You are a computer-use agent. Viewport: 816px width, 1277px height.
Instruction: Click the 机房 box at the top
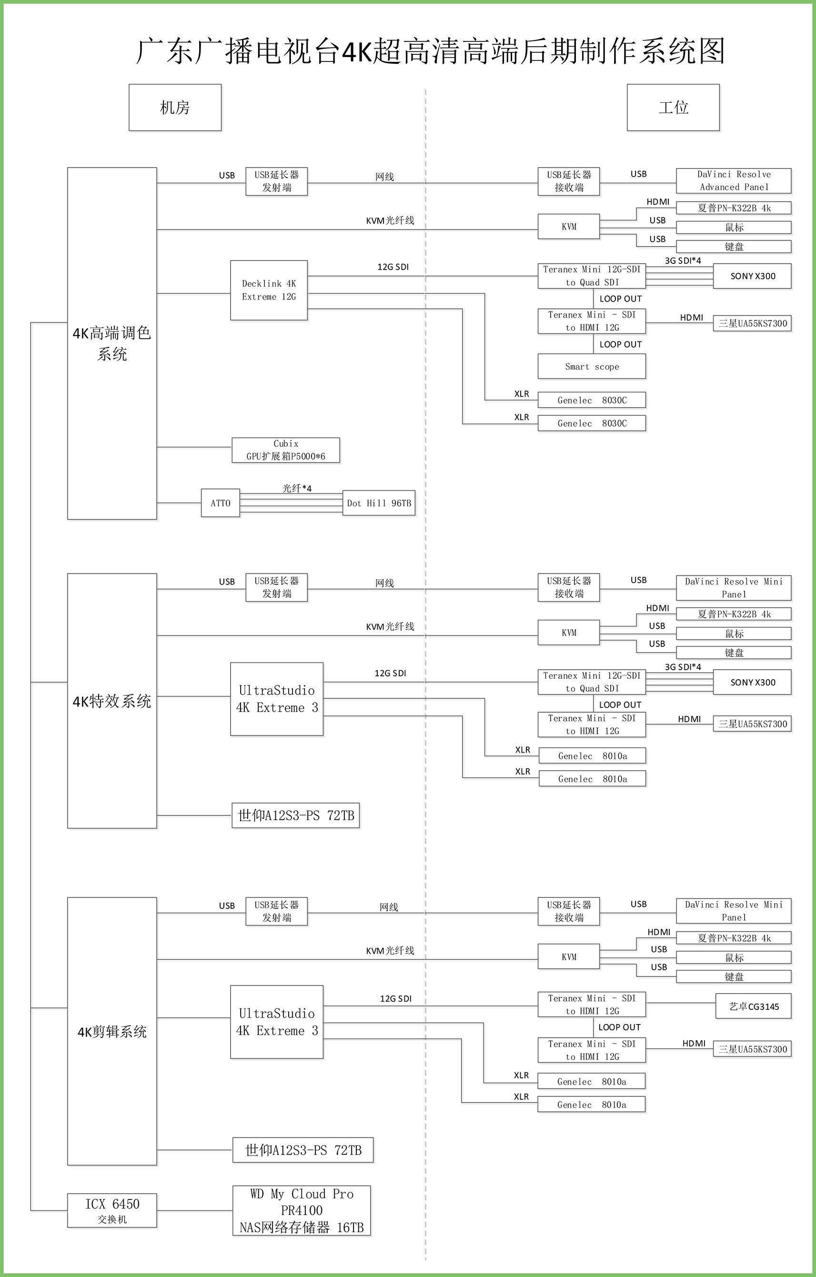tap(175, 107)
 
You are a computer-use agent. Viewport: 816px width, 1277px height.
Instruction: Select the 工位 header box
tap(674, 107)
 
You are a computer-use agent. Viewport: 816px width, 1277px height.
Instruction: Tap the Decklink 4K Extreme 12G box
tap(269, 290)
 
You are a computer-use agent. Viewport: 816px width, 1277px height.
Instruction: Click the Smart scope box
tap(592, 366)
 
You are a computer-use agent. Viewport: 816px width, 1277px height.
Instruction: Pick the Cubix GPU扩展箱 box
tap(286, 450)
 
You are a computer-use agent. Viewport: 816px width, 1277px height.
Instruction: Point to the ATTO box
tap(221, 503)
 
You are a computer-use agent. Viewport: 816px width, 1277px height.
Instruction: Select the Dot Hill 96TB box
tap(379, 503)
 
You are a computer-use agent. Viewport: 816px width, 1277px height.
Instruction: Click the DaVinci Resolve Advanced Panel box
tap(734, 181)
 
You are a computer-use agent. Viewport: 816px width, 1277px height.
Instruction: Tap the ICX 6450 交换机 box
tap(112, 1210)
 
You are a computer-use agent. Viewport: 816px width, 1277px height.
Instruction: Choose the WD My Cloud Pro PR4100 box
tap(302, 1210)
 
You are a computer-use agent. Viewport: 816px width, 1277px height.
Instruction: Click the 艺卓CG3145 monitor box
tap(753, 1006)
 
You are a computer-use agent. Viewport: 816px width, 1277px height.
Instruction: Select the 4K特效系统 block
tap(112, 701)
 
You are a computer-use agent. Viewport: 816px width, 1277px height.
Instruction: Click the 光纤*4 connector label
tap(297, 488)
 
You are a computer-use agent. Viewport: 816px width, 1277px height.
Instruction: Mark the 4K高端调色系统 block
tap(112, 343)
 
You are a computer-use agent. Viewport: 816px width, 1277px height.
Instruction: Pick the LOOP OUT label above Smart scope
tap(620, 344)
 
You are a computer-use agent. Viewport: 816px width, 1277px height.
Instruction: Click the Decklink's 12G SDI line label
tap(393, 267)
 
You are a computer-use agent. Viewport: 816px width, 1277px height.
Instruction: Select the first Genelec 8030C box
tap(592, 400)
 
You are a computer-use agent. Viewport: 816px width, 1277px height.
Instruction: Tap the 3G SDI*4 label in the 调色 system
tap(683, 261)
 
